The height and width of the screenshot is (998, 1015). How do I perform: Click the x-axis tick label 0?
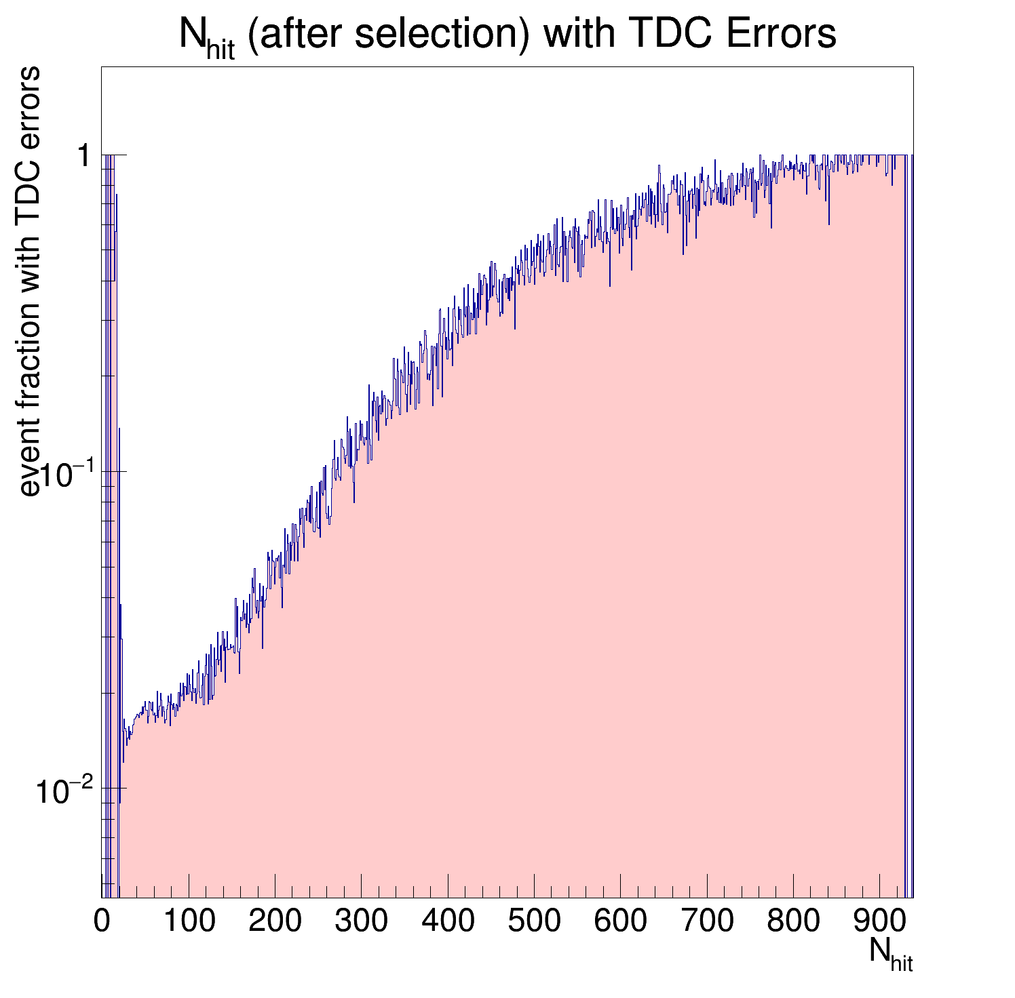click(x=102, y=921)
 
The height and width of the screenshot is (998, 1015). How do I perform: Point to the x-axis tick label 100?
click(x=189, y=921)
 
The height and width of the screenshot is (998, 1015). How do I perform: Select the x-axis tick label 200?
click(x=275, y=921)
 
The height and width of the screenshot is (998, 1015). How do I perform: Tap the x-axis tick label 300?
click(x=361, y=921)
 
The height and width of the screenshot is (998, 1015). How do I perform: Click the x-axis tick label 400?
click(x=448, y=921)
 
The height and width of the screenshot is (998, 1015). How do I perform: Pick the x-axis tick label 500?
click(x=534, y=921)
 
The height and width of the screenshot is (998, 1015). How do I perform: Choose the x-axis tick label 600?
click(x=620, y=921)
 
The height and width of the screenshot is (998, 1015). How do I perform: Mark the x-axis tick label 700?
click(x=707, y=921)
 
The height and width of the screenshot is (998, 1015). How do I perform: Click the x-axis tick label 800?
click(x=793, y=921)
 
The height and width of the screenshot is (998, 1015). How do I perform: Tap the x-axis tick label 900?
click(x=879, y=921)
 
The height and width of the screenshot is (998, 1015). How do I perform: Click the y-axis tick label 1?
click(x=84, y=157)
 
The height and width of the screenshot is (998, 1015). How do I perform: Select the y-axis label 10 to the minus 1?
click(x=65, y=475)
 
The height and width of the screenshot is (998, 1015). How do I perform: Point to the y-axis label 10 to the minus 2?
click(x=65, y=793)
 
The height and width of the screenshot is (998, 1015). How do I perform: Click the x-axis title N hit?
click(x=890, y=953)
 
